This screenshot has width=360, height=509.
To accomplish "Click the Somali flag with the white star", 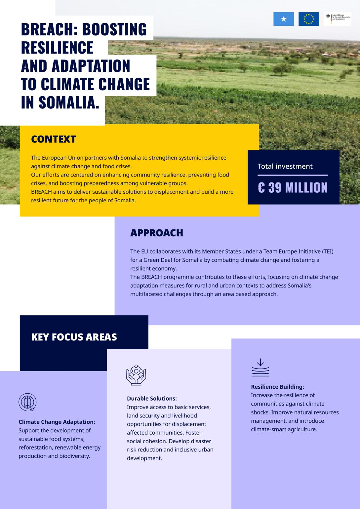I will click(283, 19).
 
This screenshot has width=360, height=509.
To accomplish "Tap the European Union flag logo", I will click(308, 19).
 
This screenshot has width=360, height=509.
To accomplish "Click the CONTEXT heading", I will click(53, 139).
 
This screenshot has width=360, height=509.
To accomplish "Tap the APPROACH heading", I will click(156, 233).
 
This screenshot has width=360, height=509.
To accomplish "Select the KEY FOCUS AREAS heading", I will click(74, 337).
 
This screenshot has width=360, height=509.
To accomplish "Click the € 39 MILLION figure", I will click(293, 188).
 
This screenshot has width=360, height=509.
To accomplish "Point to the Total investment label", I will click(285, 166).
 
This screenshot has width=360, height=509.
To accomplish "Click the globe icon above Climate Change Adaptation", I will click(27, 402).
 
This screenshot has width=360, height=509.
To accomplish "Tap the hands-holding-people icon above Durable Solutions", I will click(136, 375).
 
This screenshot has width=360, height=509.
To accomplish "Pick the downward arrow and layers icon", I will click(260, 368).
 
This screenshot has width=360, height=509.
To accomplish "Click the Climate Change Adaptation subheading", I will click(57, 422).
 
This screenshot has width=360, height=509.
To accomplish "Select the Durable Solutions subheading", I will click(152, 399).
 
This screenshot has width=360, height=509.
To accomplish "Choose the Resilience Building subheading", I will click(277, 387).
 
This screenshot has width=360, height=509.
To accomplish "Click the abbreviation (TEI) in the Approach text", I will click(326, 252).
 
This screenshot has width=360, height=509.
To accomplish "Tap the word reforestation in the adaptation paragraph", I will click(35, 448).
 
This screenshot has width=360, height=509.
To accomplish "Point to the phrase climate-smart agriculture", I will click(284, 430).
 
